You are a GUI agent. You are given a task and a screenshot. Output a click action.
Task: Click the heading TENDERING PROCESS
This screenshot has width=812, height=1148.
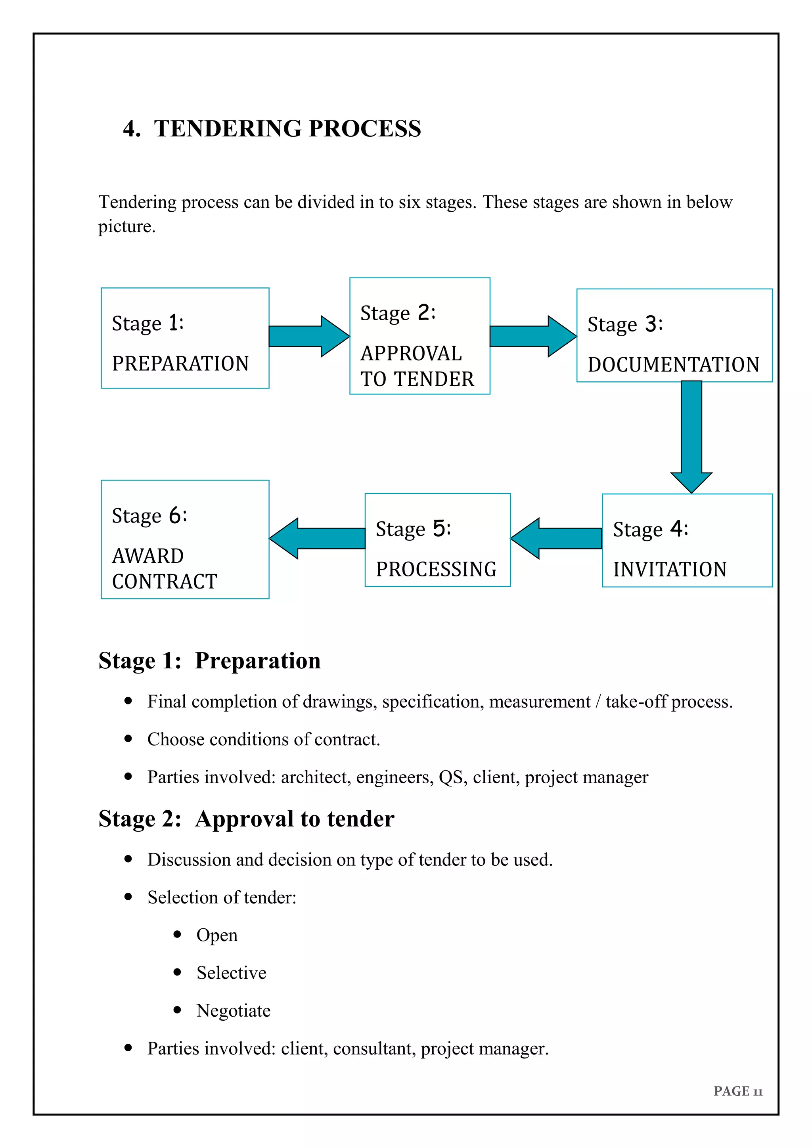point(287,128)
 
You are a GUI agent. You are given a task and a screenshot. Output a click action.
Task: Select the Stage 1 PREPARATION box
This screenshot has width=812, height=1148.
point(185,338)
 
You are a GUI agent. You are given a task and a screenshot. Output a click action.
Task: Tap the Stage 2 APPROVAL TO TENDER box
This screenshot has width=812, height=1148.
point(419,336)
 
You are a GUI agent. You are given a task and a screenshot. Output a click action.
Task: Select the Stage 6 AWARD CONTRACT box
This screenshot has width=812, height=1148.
point(185,539)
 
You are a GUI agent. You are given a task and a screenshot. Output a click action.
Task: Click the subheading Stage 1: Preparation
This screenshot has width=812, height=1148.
point(209,660)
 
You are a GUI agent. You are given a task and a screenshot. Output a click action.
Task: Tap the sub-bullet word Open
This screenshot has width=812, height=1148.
point(217,935)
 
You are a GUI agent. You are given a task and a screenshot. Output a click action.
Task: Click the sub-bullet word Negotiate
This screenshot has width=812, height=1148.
point(233,1010)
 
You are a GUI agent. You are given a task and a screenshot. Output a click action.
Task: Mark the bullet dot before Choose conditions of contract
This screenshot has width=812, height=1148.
point(128,739)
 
